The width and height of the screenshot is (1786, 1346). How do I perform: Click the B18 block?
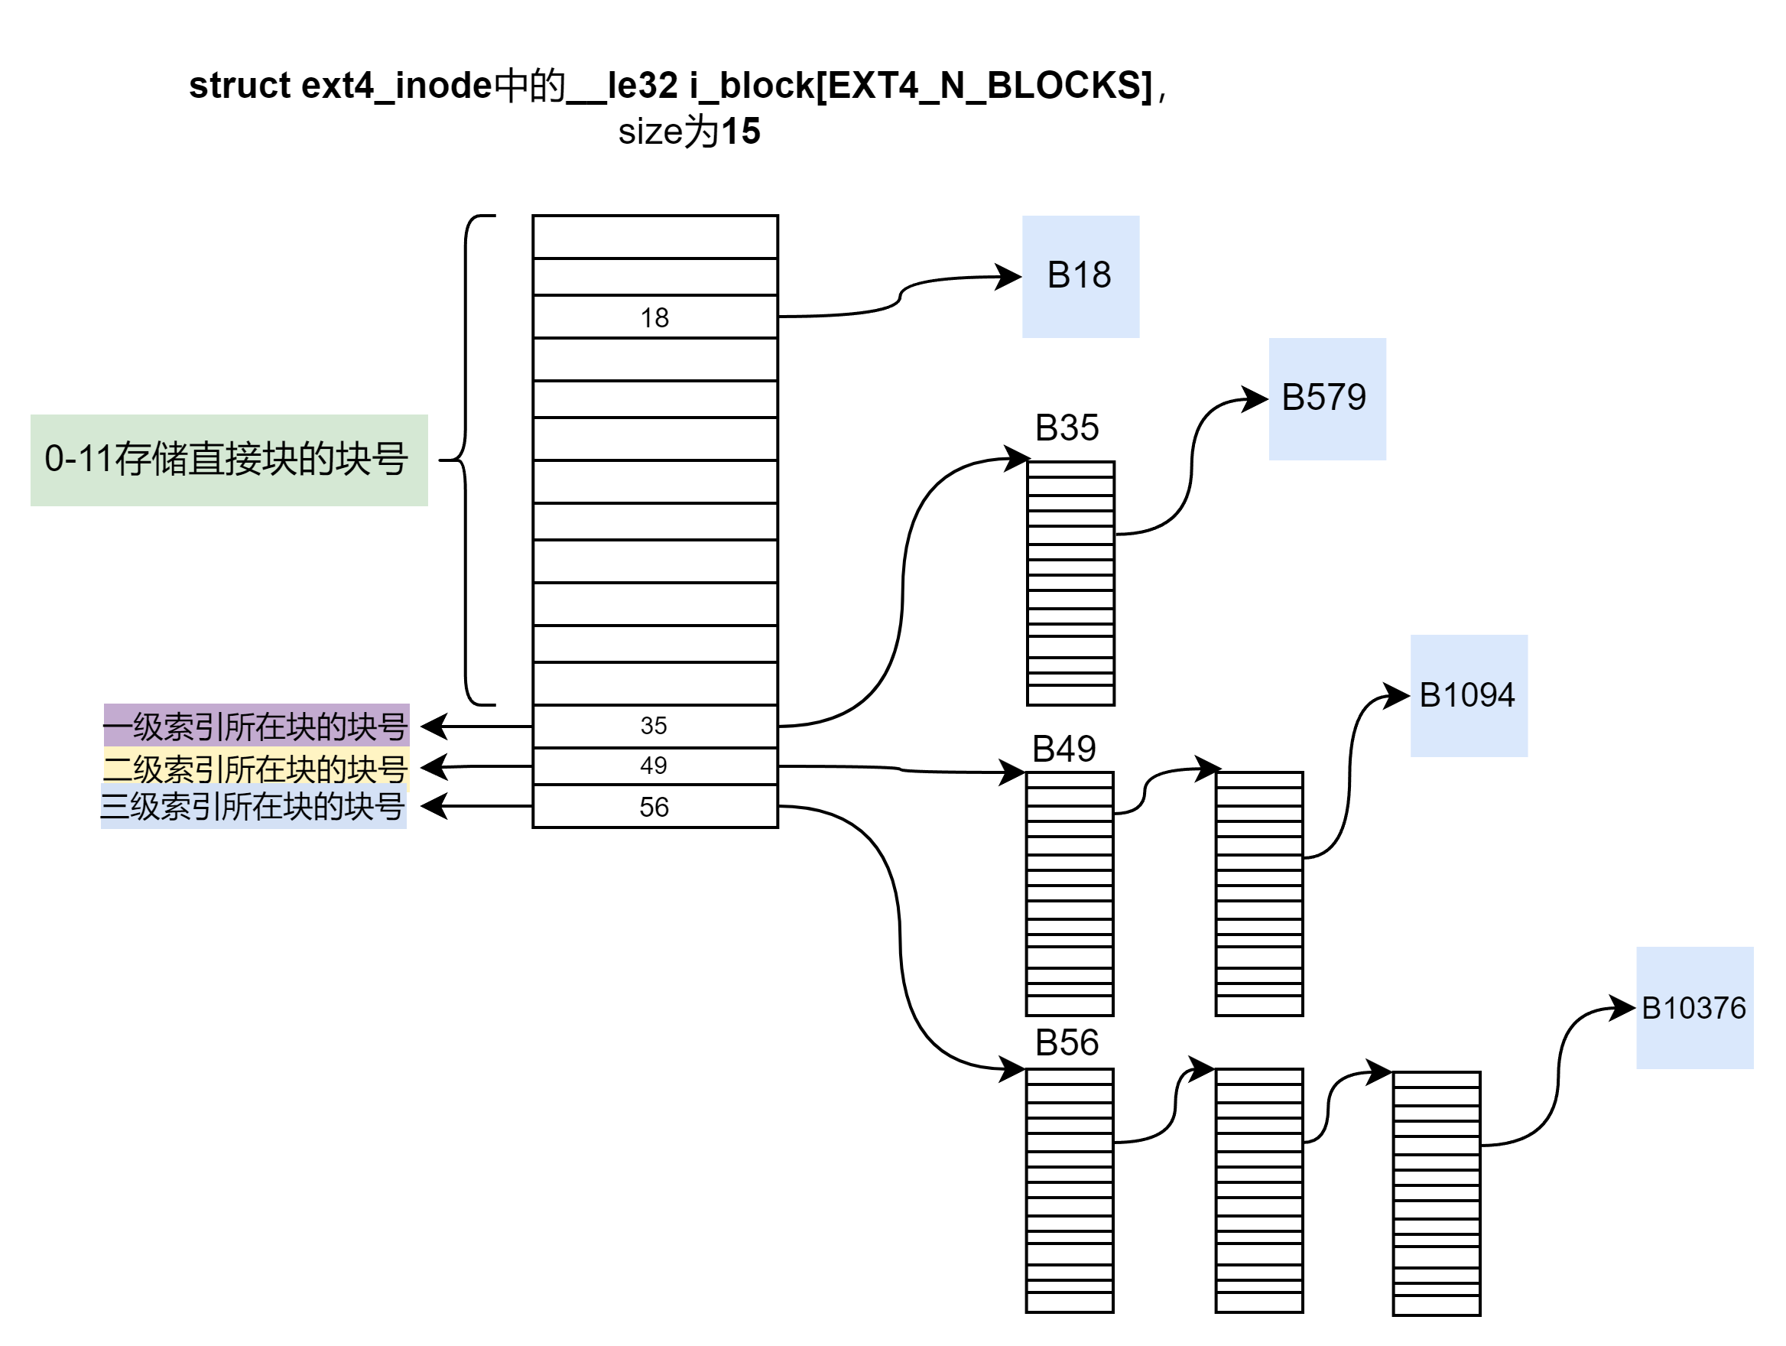click(x=1080, y=276)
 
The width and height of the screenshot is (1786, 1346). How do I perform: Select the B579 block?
click(x=1327, y=399)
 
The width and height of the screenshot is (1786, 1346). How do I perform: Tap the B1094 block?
click(x=1469, y=695)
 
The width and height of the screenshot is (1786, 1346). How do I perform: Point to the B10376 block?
click(x=1694, y=1008)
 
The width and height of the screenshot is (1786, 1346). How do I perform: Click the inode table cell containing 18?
click(x=654, y=317)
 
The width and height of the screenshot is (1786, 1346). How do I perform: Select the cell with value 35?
click(x=654, y=725)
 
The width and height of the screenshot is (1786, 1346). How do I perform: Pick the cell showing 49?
click(x=654, y=766)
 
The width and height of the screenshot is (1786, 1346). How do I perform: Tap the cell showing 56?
click(x=654, y=807)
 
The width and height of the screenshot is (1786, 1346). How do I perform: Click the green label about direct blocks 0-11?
click(x=229, y=460)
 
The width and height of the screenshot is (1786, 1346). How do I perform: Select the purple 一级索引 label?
click(x=256, y=726)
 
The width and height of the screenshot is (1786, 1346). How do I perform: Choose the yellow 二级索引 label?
click(x=256, y=768)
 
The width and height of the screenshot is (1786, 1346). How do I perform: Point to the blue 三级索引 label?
click(x=254, y=807)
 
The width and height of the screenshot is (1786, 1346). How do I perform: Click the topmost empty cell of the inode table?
click(x=654, y=236)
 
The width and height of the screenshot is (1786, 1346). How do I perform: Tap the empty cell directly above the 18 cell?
click(x=654, y=277)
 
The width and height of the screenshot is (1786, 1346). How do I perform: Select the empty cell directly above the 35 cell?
click(x=654, y=684)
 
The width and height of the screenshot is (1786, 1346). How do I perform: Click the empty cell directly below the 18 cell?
click(x=654, y=359)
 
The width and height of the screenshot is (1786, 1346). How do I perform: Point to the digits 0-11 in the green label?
click(x=77, y=459)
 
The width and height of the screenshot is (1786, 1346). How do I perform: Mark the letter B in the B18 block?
click(x=1057, y=275)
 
